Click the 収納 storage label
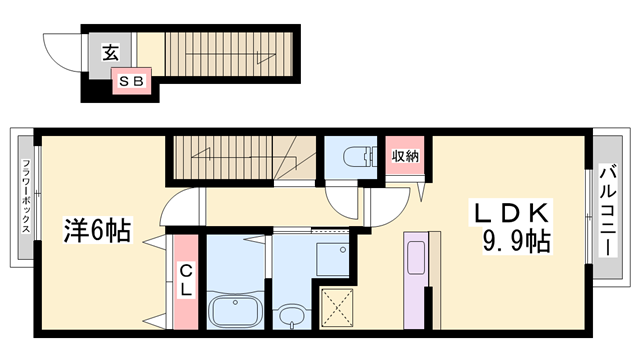pyautogui.click(x=405, y=155)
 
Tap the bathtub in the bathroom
pyautogui.click(x=236, y=309)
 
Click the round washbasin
pyautogui.click(x=291, y=318)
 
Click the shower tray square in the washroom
pyautogui.click(x=331, y=256)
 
